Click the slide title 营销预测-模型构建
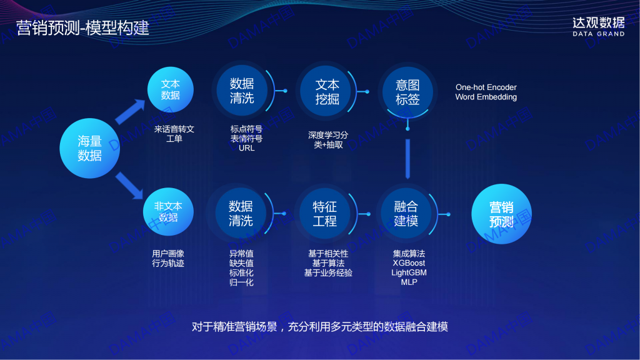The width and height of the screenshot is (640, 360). pos(83,27)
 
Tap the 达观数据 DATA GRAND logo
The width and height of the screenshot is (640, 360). pos(598,27)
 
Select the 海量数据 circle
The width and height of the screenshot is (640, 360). pos(90,148)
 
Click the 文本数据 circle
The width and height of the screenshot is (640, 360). pos(170,90)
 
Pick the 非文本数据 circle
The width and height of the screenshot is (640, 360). pos(168,212)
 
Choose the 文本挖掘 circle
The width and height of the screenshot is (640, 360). pos(326,91)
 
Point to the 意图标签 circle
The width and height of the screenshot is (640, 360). pos(407,92)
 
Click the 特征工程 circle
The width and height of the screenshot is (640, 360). pos(324,214)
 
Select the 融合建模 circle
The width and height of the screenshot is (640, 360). pos(406,214)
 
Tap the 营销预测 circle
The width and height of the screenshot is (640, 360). pos(502,214)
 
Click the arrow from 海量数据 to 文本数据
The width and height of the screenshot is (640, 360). pos(130,111)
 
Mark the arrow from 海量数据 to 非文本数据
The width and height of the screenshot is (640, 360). pos(129,186)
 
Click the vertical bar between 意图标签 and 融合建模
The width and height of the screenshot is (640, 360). pos(407,159)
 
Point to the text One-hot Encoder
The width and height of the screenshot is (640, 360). pos(486,87)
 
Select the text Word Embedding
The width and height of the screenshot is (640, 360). pos(486,97)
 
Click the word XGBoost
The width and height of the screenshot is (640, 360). pos(409,263)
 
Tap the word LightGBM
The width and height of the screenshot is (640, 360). pos(409,272)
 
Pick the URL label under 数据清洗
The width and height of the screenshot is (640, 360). pos(246,148)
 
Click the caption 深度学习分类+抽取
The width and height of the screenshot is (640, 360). pos(328,140)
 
